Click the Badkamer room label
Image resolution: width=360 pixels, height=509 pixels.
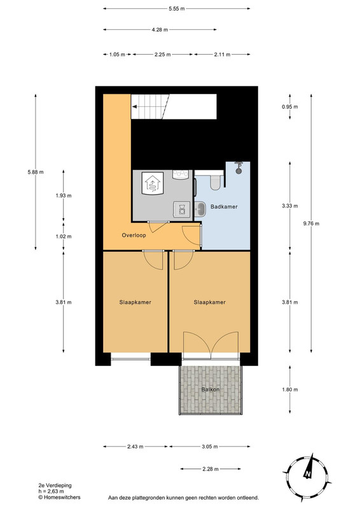click(224, 206)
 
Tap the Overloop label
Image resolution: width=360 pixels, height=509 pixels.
click(134, 235)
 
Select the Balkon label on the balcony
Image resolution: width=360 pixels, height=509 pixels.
click(211, 389)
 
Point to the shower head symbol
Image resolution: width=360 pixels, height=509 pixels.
click(239, 167)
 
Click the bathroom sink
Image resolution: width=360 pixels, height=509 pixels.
click(200, 209)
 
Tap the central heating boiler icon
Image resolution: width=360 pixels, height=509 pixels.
click(153, 183)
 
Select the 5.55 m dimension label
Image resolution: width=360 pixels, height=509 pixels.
click(177, 9)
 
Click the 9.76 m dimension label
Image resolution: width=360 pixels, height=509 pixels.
click(311, 223)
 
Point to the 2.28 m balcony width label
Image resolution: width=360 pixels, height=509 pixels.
click(211, 469)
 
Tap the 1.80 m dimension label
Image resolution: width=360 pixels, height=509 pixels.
click(290, 389)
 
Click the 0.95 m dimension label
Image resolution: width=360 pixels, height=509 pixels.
click(290, 106)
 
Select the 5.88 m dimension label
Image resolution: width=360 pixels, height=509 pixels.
click(36, 172)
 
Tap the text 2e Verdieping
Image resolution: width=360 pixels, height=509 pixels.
click(55, 485)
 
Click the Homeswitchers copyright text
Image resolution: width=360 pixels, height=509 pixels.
click(59, 497)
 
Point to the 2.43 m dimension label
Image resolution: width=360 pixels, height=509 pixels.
click(135, 447)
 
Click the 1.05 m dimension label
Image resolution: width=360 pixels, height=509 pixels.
click(117, 55)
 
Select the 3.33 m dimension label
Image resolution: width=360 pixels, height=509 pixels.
click(290, 206)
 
